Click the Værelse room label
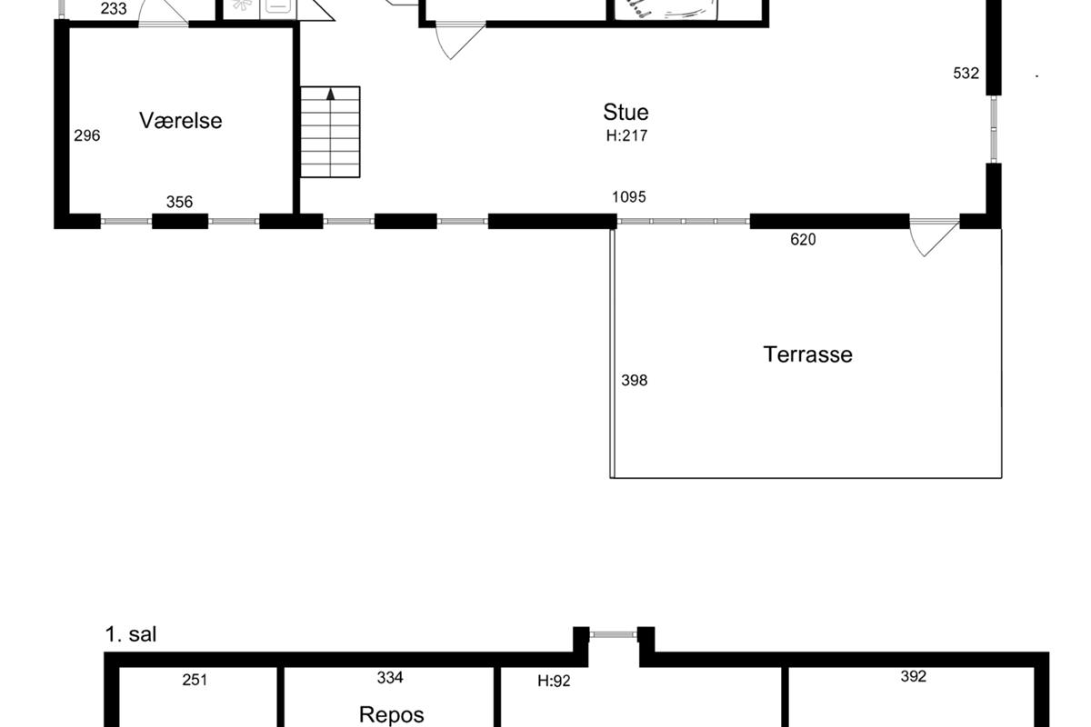point(181,121)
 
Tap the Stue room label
point(626,113)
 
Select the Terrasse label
point(807,354)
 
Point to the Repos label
point(392,715)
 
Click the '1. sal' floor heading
point(131,634)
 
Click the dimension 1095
point(629,196)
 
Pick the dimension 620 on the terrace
point(803,240)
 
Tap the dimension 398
point(635,380)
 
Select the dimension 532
point(966,73)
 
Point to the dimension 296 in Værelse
point(87,135)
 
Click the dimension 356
point(179,202)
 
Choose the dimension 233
point(114,8)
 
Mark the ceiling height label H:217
point(626,135)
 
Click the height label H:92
point(554,681)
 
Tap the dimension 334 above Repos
point(390,677)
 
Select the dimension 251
point(195,680)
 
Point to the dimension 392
point(913,676)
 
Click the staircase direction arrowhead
point(331,94)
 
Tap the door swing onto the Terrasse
point(934,239)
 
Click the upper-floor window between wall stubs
point(613,634)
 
